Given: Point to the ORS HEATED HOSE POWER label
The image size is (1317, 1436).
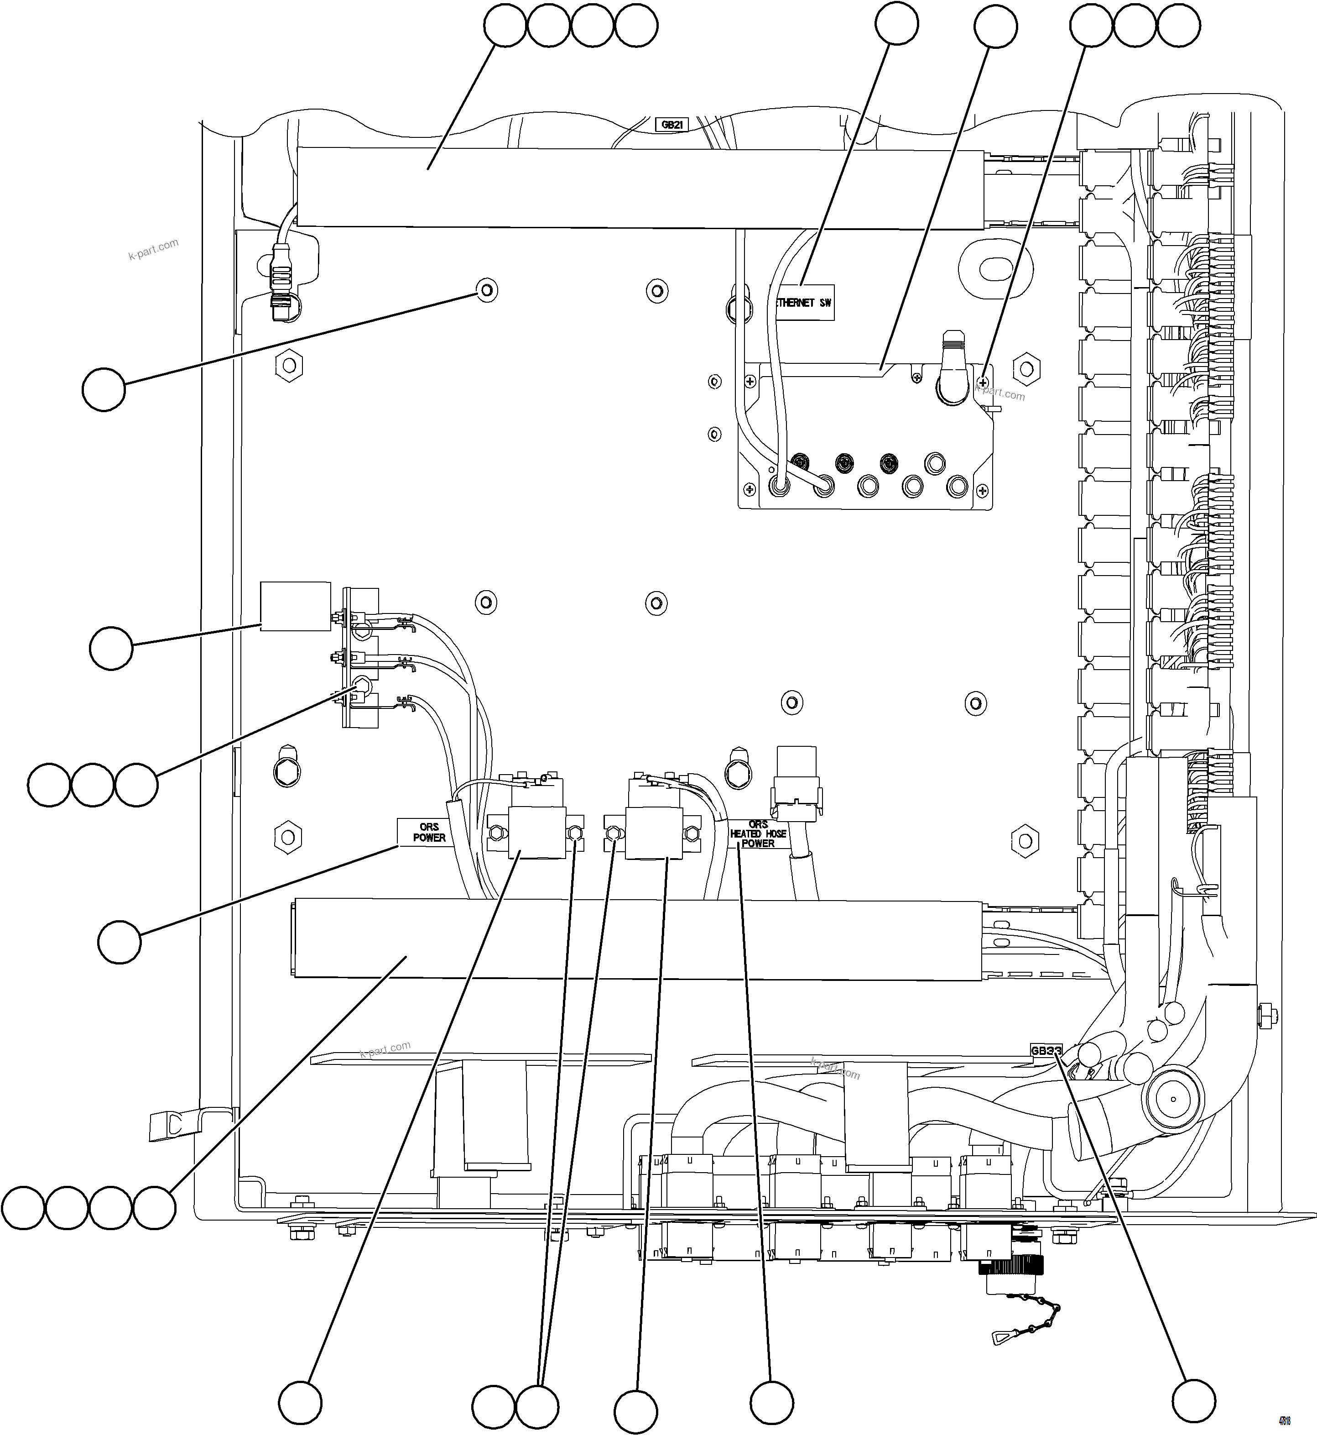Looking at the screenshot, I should tap(758, 833).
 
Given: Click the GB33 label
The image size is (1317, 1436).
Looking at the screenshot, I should tap(1046, 1051).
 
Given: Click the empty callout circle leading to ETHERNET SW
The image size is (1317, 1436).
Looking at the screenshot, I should tap(896, 26).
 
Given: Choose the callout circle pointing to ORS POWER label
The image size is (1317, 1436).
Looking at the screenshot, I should tap(120, 942).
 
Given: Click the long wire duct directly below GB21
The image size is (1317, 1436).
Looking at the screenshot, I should tap(641, 188).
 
